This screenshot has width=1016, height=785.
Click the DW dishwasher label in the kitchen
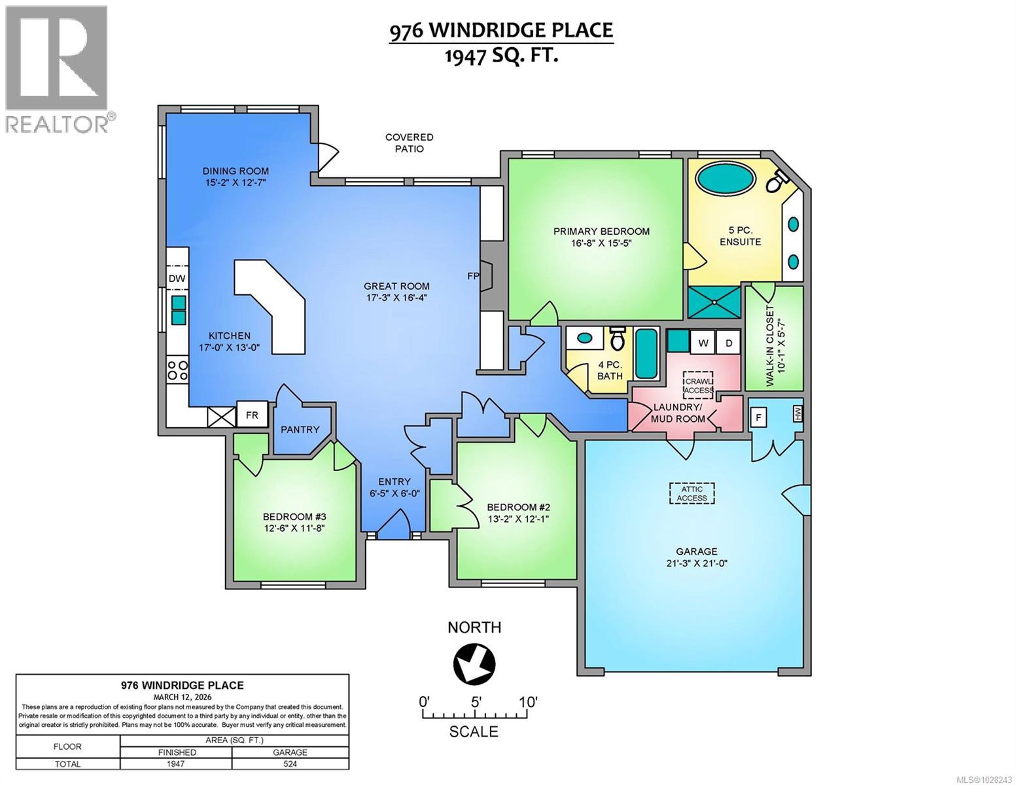[x=177, y=279]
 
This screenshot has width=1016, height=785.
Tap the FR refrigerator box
[x=252, y=415]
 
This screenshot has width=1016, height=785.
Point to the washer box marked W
[x=703, y=343]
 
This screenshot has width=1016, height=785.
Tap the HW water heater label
[x=797, y=414]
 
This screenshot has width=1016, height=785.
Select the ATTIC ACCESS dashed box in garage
[x=692, y=493]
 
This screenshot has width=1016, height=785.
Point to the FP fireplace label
[x=473, y=276]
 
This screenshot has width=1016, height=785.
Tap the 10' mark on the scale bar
[x=527, y=702]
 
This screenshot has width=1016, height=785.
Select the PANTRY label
[x=300, y=430]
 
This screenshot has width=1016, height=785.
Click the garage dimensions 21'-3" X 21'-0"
[x=696, y=563]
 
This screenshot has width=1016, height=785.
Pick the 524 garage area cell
[x=290, y=763]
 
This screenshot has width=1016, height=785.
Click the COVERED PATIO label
[x=409, y=143]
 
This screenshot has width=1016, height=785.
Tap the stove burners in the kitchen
[x=177, y=370]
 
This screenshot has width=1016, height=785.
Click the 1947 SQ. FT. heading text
[x=501, y=56]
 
